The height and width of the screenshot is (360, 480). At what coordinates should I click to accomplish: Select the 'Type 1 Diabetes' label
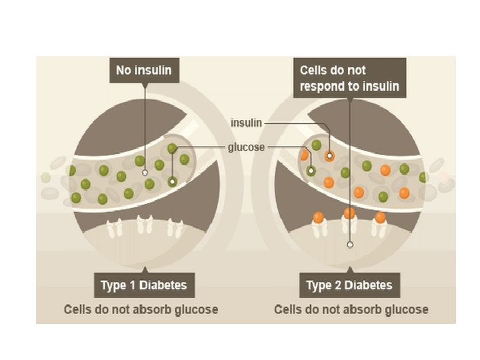coord(143,287)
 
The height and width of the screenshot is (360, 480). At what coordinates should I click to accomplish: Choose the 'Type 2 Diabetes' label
coord(349,287)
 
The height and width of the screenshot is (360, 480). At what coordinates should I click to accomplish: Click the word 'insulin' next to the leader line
coord(246,123)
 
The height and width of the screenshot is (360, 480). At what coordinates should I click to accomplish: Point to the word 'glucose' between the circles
coord(247,147)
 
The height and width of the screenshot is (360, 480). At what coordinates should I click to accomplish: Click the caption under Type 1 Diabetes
coord(141,310)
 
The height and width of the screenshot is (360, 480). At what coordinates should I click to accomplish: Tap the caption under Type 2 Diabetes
coord(351,310)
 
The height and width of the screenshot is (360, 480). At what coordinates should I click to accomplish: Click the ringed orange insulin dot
coord(329,156)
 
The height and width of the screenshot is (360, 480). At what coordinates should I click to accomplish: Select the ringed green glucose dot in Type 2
coord(311,171)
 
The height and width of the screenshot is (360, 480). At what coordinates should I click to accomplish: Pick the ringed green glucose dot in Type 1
coord(173,181)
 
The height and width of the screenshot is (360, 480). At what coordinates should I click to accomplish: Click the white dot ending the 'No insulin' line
coord(145,172)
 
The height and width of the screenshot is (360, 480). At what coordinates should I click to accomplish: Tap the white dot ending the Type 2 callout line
coord(349,245)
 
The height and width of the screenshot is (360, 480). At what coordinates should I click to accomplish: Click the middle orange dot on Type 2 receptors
coord(349,213)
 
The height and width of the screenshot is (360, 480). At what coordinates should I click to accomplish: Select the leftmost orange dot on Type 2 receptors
coord(318,217)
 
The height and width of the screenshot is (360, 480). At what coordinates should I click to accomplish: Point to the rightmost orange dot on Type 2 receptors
coord(380,217)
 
